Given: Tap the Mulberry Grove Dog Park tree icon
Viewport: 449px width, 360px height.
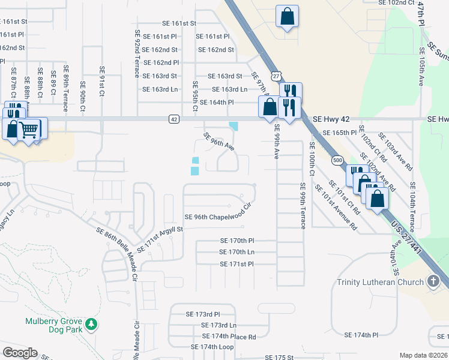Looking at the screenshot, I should click(91, 325).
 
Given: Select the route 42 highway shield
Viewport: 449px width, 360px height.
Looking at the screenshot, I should click(173, 119).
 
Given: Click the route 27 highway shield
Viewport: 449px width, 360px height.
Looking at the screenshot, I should click(275, 76).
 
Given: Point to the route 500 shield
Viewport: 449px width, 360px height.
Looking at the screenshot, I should click(338, 161).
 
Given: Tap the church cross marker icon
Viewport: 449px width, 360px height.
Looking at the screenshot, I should click(433, 281).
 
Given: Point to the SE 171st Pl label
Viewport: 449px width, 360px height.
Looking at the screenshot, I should click(237, 264).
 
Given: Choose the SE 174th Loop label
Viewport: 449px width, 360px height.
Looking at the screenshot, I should click(212, 347).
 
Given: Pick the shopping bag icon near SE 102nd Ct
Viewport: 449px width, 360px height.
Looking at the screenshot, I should click(287, 16).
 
